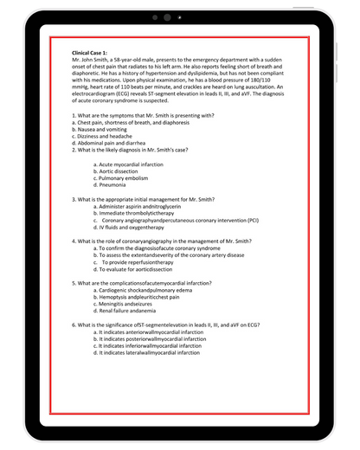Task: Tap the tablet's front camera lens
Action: click(167, 17)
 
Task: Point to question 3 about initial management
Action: click(143, 199)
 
